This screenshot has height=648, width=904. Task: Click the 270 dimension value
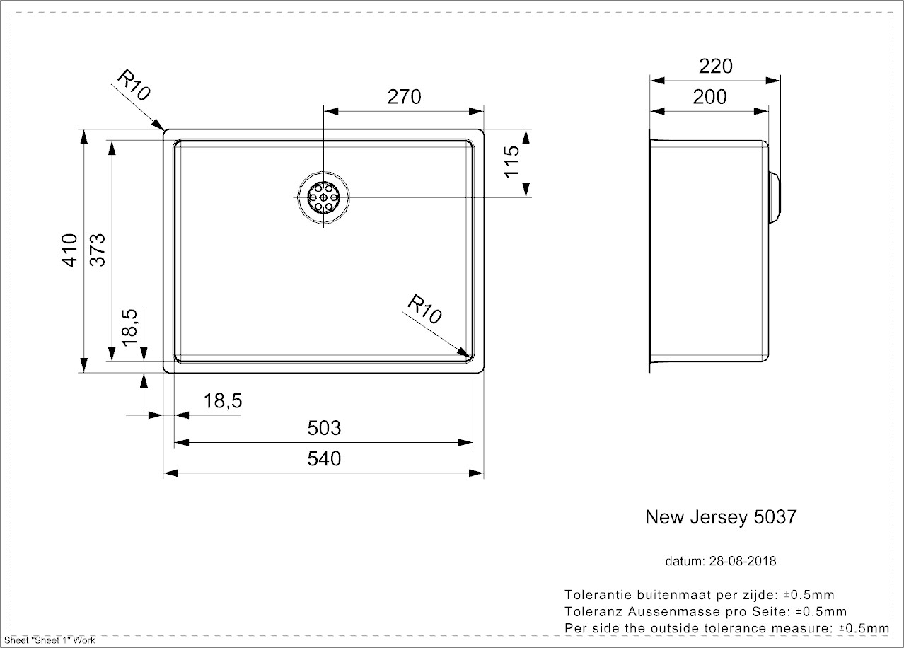[x=405, y=97]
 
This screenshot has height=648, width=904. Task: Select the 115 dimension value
[x=513, y=161]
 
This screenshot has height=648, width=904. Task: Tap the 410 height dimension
[x=70, y=250]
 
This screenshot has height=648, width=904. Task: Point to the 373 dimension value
[x=98, y=250]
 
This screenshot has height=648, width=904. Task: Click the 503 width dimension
[x=324, y=428]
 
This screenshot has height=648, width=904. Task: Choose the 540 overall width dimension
[x=324, y=459]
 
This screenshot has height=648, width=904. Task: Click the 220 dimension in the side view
[x=715, y=66]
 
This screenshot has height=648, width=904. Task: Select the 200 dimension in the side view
[x=709, y=97]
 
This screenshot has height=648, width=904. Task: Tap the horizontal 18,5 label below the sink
[x=222, y=402]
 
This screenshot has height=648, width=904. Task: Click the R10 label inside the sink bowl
[x=424, y=310]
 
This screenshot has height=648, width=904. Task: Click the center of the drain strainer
[x=324, y=197]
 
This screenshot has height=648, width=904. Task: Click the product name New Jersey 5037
[x=720, y=517]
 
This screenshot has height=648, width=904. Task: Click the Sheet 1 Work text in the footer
[x=50, y=640]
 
